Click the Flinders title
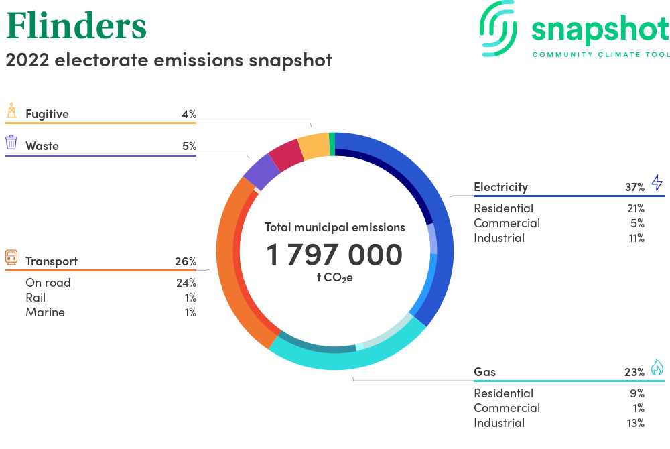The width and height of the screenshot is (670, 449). point(76,25)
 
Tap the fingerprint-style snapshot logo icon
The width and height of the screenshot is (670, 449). point(498,29)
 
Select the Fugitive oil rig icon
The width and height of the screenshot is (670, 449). point(11,110)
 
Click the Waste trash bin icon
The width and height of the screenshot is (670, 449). point(11,142)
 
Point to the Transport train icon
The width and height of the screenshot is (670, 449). point(11,257)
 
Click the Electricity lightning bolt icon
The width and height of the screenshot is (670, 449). point(657,182)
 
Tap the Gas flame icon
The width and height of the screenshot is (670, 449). point(657,367)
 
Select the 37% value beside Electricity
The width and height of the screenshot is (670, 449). point(634,187)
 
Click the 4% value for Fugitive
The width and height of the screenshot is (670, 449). point(189,114)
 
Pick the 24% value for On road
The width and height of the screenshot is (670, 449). point(186,283)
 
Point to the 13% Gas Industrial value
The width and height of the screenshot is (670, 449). point(635,423)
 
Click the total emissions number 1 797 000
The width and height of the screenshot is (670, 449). point(334,255)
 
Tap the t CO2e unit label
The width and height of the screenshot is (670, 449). point(334,278)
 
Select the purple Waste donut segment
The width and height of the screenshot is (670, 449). point(261,172)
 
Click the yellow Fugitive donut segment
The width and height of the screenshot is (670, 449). point(314,147)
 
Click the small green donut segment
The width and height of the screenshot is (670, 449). point(332,144)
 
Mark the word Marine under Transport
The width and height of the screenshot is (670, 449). point(46,312)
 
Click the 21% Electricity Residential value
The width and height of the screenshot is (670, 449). point(635,208)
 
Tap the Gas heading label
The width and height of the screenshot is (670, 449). point(484,372)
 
